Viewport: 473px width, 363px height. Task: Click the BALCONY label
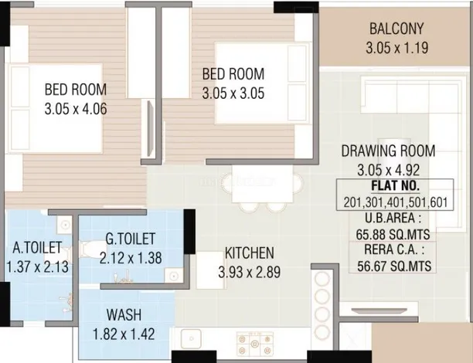[x=396, y=29]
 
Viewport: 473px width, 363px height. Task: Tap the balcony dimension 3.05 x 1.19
[x=397, y=48]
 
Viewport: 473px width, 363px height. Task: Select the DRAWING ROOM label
[x=388, y=151]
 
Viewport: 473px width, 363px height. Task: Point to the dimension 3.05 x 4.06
[x=76, y=109]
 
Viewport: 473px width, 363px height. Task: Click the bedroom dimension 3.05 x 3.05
[x=233, y=93]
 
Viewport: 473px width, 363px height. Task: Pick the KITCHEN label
[x=250, y=253]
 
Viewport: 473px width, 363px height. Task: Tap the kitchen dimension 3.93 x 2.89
[x=250, y=272]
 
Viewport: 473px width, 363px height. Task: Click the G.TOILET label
[x=131, y=239]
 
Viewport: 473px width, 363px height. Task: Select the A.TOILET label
[x=37, y=247]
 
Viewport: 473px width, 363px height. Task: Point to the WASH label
[x=124, y=315]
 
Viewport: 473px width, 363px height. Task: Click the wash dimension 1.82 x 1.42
[x=124, y=334]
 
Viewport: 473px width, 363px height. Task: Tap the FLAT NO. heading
[x=395, y=185]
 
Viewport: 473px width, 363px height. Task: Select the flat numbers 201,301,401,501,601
[x=396, y=202]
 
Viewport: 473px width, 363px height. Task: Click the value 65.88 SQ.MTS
[x=393, y=234]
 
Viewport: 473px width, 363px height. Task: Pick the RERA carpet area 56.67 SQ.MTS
[x=394, y=266]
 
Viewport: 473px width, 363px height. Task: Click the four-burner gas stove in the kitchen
[x=255, y=344]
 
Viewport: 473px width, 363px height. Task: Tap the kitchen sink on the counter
[x=191, y=338]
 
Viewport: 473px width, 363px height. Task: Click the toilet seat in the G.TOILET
[x=90, y=249]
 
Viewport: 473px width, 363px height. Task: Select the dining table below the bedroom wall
[x=262, y=184]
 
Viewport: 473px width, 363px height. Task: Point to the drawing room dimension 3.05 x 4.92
[x=389, y=170]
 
